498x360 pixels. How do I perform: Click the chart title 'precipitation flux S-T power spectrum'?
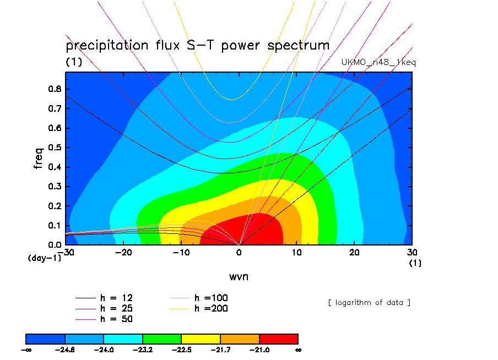pyautogui.click(x=197, y=46)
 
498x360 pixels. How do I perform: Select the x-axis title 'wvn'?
pyautogui.click(x=239, y=276)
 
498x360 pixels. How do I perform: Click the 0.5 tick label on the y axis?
pyautogui.click(x=55, y=148)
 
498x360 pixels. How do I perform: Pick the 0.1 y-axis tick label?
pyautogui.click(x=55, y=225)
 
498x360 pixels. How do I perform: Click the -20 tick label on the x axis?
pyautogui.click(x=123, y=252)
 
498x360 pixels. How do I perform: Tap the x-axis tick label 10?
pyautogui.click(x=297, y=252)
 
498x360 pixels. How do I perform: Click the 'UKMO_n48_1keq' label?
pyautogui.click(x=378, y=63)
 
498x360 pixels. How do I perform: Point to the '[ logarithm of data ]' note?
pyautogui.click(x=369, y=302)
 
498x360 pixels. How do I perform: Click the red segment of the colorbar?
pyautogui.click(x=278, y=338)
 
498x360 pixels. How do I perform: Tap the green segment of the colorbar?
pyautogui.click(x=162, y=338)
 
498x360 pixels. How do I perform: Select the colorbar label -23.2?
pyautogui.click(x=143, y=350)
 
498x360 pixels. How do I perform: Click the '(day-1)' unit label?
pyautogui.click(x=45, y=258)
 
